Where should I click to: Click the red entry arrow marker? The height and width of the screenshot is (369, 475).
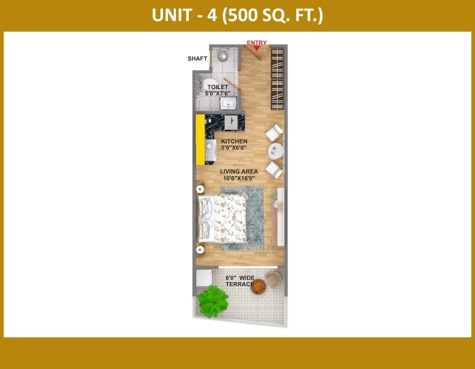[x=256, y=48]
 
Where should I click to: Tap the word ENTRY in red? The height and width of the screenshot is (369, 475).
[x=256, y=43]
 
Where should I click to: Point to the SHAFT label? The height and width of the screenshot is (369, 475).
[x=197, y=59]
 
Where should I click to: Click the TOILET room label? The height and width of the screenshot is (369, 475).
[x=217, y=87]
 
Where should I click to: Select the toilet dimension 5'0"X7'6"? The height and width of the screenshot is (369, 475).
[x=217, y=93]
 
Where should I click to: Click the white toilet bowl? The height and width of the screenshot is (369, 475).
[x=208, y=84]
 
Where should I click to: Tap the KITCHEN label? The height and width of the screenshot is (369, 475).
[x=234, y=141]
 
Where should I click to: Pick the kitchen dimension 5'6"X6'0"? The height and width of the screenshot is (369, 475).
[x=234, y=148]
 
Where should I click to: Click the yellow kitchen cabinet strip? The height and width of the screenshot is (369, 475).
[x=200, y=140]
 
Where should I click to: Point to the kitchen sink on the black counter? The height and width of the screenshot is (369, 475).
[x=231, y=122]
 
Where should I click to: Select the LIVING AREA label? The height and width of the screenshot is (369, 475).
[x=239, y=171]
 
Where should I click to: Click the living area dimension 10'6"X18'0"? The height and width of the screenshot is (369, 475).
[x=239, y=179]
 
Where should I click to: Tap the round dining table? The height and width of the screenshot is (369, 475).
[x=275, y=151]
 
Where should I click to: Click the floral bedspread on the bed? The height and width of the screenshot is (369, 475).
[x=230, y=218]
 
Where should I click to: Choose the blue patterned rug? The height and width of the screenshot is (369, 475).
[x=242, y=218]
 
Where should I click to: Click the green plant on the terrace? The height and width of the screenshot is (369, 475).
[x=212, y=302]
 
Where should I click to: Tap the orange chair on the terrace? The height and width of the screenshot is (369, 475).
[x=258, y=286]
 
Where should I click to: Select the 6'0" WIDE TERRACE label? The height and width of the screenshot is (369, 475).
[x=240, y=281]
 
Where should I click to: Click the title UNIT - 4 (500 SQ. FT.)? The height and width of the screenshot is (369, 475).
[x=237, y=15]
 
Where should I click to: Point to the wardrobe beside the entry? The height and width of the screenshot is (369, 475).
[x=277, y=79]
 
